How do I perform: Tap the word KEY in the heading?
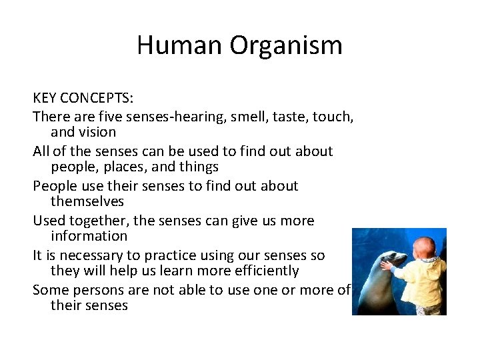(44, 98)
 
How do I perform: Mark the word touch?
(333, 116)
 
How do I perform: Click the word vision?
(99, 132)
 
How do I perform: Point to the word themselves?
(87, 201)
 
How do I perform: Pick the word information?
(89, 236)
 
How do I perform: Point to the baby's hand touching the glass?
(386, 265)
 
